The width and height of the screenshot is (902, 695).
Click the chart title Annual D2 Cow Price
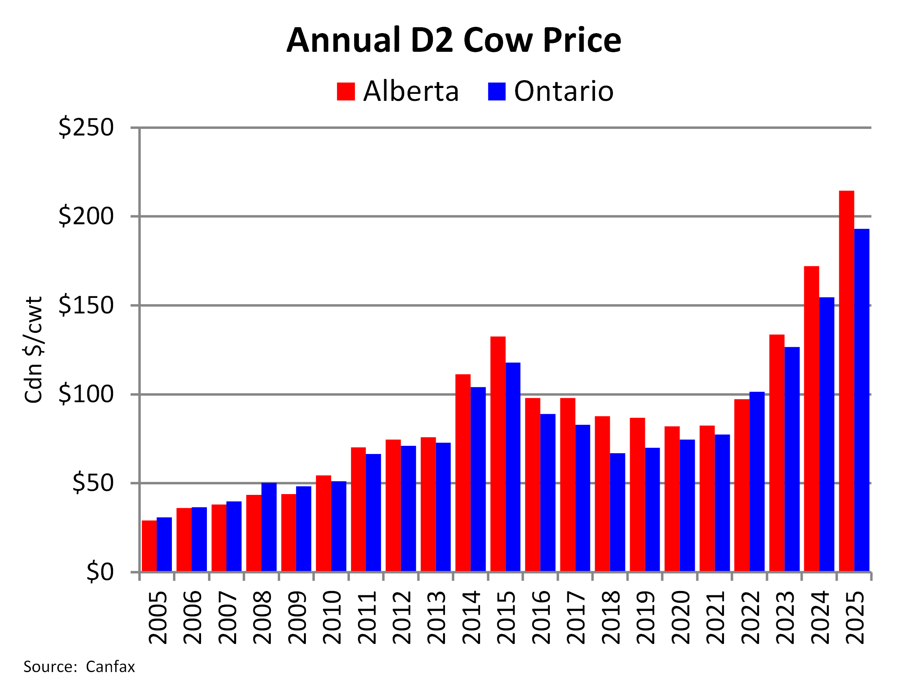[454, 40]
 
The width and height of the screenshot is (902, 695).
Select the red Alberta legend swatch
[346, 91]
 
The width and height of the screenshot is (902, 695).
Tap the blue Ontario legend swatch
[496, 91]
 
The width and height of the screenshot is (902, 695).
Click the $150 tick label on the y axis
[85, 305]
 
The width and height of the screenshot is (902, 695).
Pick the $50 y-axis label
[92, 483]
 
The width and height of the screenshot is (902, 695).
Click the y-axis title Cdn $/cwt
[34, 350]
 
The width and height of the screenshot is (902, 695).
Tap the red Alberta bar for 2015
[498, 454]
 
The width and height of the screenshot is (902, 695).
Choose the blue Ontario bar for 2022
[757, 481]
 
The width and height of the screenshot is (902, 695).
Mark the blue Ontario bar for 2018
[617, 512]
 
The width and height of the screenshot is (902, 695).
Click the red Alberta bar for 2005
[149, 545]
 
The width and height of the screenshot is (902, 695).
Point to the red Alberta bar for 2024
[811, 419]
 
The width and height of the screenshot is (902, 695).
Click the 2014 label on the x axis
[471, 618]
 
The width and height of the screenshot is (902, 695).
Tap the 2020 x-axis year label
[681, 618]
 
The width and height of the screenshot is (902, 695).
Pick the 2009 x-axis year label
[297, 618]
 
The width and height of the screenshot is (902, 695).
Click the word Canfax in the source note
[110, 667]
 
